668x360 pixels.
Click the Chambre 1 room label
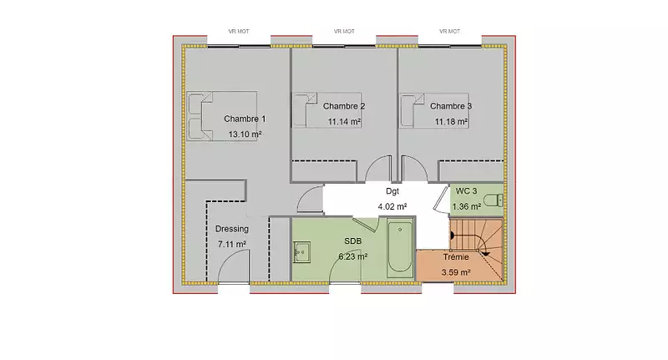click(245, 119)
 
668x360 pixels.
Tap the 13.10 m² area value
click(245, 134)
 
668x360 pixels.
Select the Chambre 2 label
click(344, 106)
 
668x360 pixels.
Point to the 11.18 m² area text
click(451, 122)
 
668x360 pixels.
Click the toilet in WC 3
click(493, 200)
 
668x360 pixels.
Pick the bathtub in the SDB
click(400, 248)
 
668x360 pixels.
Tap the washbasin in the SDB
click(301, 252)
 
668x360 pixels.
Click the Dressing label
click(232, 229)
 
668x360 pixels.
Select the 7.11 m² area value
click(232, 244)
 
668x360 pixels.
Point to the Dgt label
click(392, 191)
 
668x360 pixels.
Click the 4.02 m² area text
click(392, 206)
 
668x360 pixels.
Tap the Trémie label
click(456, 257)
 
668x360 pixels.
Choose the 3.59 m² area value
click(456, 272)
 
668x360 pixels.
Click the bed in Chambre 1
click(221, 116)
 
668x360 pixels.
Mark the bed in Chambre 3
click(434, 110)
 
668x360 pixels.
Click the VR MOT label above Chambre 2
click(344, 31)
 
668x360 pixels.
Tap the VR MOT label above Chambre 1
click(239, 31)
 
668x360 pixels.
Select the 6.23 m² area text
click(353, 256)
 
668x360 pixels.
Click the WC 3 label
click(466, 191)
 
